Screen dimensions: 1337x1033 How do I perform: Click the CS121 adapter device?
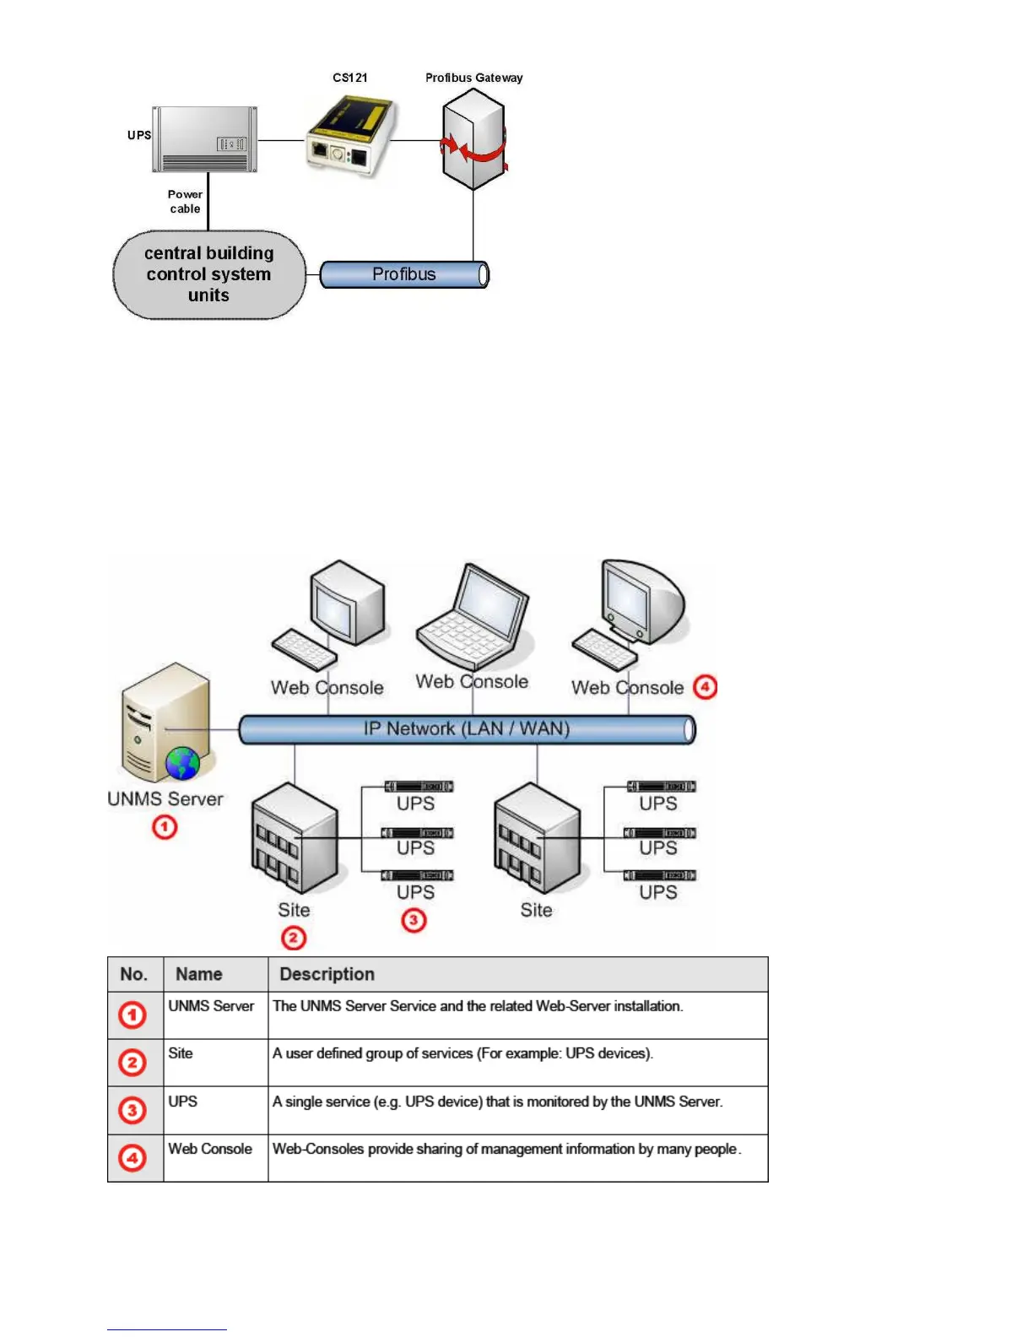[349, 137]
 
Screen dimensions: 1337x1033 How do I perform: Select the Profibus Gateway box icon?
[473, 140]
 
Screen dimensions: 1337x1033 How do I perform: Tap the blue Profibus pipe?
[404, 274]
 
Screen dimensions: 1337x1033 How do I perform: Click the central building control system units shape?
[209, 274]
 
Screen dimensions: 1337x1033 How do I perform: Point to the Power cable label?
[185, 202]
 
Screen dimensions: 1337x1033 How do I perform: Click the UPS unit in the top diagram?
[205, 139]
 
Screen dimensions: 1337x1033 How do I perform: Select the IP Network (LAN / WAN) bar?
[467, 729]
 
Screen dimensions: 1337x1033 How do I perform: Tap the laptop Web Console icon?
[473, 619]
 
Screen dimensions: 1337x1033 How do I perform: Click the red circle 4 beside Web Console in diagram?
[705, 687]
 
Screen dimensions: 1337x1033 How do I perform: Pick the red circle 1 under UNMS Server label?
[165, 827]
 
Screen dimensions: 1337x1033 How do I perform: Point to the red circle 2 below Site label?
[293, 938]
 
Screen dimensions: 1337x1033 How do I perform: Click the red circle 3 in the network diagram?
[414, 920]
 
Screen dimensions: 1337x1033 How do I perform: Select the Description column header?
[327, 974]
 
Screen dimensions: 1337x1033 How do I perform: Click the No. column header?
[134, 974]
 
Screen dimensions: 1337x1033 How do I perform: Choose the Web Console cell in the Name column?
[210, 1149]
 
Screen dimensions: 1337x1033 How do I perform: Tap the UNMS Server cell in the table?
[211, 1006]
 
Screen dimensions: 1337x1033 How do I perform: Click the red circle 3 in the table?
[133, 1110]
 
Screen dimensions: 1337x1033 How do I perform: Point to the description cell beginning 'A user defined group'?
[462, 1053]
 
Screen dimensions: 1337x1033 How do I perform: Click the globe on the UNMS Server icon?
[182, 764]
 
